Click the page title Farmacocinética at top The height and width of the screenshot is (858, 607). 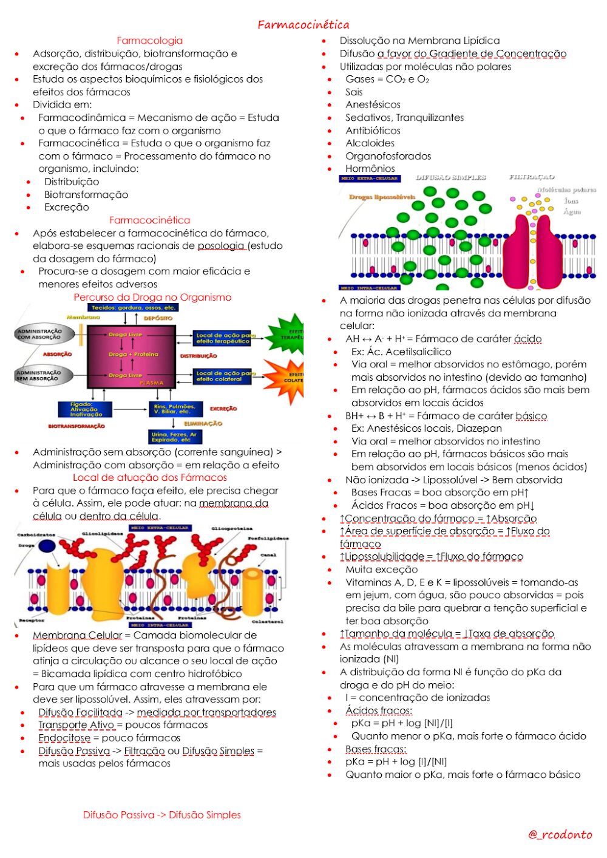coord(303,25)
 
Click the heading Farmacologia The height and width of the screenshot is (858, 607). coord(149,41)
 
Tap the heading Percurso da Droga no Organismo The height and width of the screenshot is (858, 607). coord(152,298)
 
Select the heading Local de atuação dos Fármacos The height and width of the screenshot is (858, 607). coord(149,478)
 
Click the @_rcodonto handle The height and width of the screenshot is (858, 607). coord(560,834)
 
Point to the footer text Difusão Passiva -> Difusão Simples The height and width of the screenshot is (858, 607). coord(161,815)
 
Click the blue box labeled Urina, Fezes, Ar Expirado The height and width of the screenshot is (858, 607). coord(175,437)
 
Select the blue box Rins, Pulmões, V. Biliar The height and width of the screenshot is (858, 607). coord(174,409)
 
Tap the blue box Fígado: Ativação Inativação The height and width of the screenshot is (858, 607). coord(85,409)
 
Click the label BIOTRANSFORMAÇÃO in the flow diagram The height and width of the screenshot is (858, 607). coord(76,426)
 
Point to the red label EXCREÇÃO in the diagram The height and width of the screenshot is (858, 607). coord(223,409)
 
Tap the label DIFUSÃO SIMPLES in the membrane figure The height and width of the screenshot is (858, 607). coord(450,178)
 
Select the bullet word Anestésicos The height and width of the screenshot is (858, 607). coord(373,105)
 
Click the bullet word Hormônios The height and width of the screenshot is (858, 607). coord(370,169)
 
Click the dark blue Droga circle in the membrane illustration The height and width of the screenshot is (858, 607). coord(47,545)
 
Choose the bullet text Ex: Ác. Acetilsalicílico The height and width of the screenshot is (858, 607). coord(401,352)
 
